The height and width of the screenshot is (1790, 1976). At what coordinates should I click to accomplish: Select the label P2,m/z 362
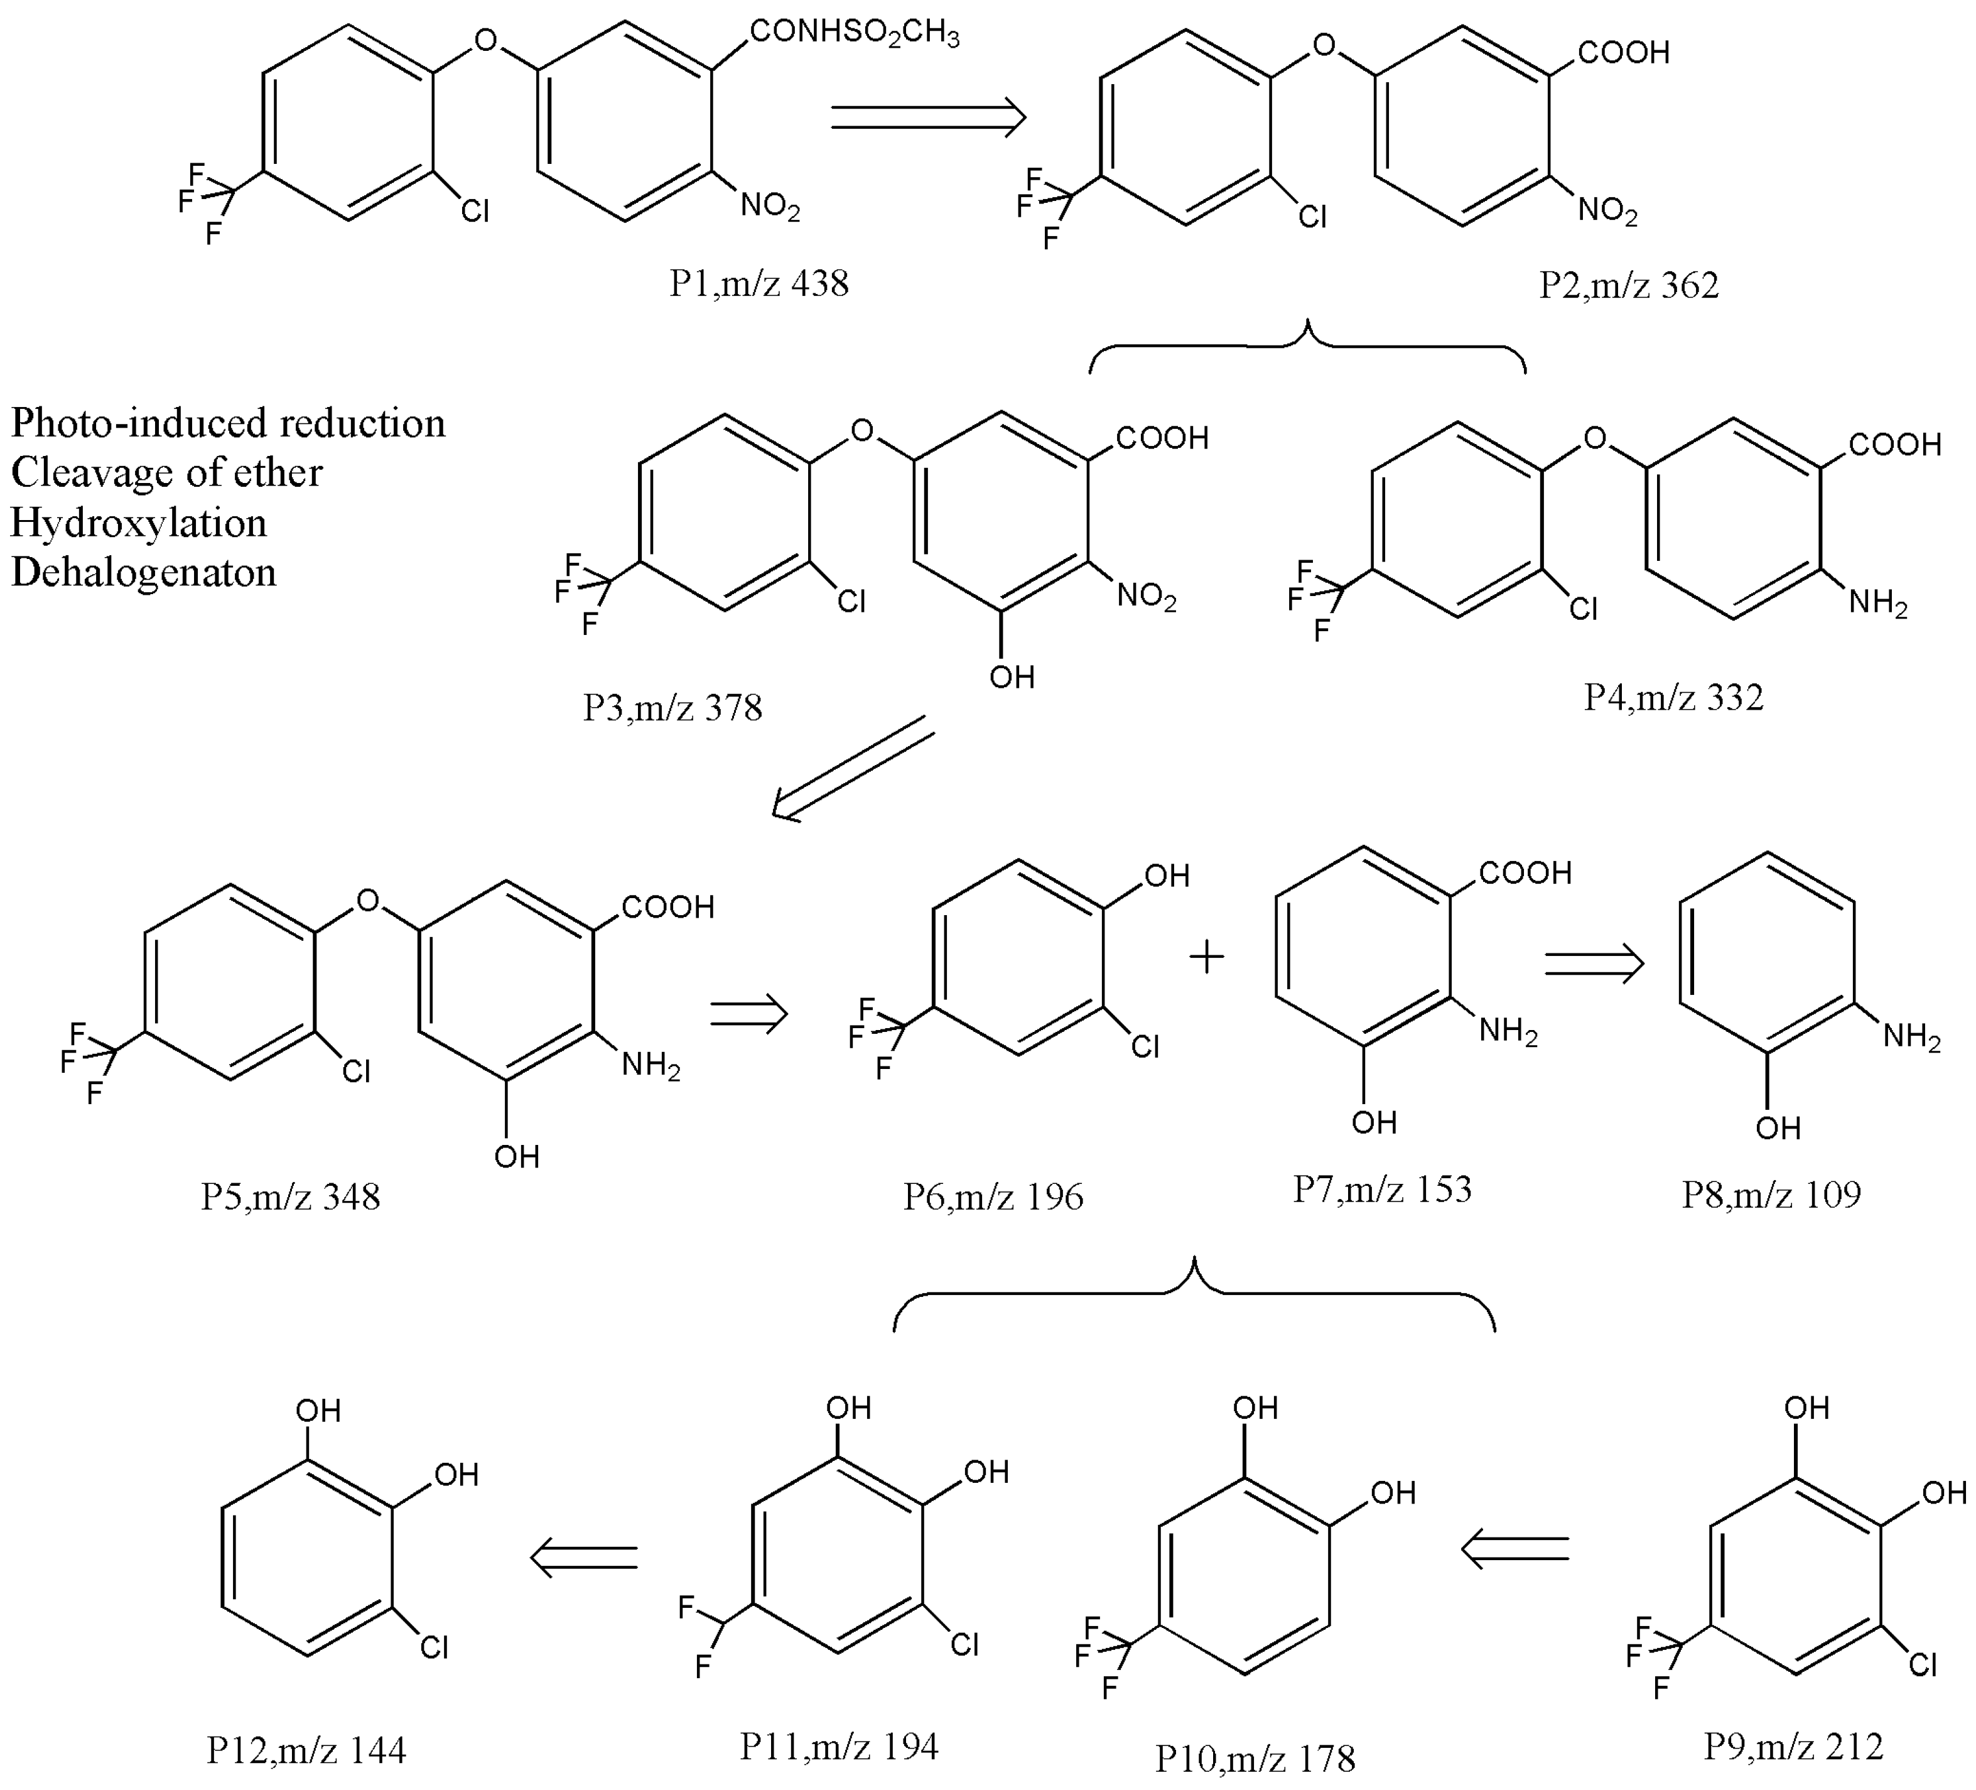(x=1628, y=285)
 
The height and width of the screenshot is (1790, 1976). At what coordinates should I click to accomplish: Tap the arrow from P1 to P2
(x=927, y=117)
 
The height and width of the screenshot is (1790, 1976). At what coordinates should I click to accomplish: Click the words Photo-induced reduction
(x=227, y=423)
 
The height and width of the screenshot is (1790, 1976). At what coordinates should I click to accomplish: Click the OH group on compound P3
(x=1012, y=676)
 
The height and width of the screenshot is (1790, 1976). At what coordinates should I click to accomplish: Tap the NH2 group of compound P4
(x=1877, y=602)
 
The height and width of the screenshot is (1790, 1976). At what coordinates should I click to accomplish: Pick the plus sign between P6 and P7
(x=1207, y=957)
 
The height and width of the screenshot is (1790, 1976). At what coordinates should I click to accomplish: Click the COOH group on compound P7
(x=1524, y=872)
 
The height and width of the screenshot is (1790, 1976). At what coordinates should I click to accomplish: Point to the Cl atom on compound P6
(x=1145, y=1047)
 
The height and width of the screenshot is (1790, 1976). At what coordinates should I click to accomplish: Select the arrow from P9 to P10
(x=1514, y=1549)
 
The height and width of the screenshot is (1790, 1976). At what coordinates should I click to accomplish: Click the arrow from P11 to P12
(x=584, y=1556)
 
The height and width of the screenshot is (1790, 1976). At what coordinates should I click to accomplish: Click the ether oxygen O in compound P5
(x=367, y=901)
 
